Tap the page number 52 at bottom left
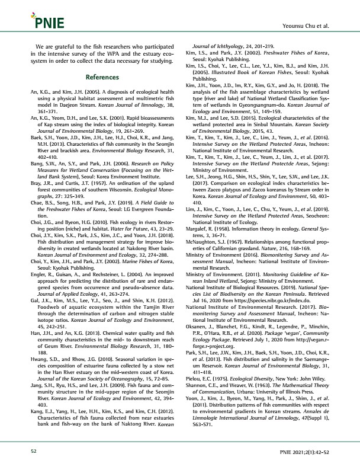[34, 452]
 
